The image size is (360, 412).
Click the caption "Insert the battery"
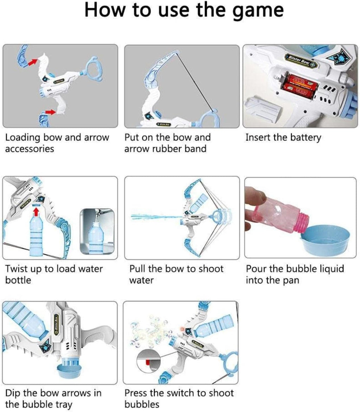tap(283, 137)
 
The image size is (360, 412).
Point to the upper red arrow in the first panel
tap(32, 63)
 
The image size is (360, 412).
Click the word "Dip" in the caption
tap(13, 393)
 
